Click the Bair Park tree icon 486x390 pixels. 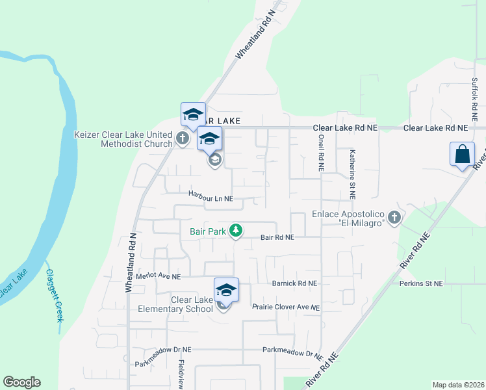(x=237, y=231)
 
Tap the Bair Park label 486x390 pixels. (x=207, y=231)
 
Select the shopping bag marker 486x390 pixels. (x=462, y=155)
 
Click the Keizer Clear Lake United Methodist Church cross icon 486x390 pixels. (x=183, y=138)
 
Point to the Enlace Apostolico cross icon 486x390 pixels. (x=394, y=217)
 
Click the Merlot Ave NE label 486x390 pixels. (x=158, y=276)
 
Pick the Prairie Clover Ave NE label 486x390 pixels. (x=286, y=307)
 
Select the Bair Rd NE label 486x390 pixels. (x=277, y=238)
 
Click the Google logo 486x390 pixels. (x=21, y=382)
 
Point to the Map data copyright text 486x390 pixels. (x=457, y=385)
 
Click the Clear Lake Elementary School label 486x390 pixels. (x=175, y=304)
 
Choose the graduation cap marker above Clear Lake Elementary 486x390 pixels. (x=226, y=289)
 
